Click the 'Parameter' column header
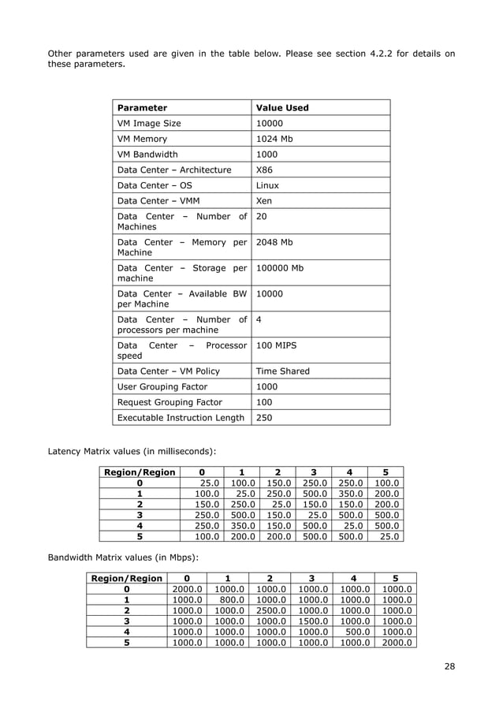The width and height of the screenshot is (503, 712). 142,108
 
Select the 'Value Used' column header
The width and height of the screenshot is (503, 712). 282,108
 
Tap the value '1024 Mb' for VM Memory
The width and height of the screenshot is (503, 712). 274,139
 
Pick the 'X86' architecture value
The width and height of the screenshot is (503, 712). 265,170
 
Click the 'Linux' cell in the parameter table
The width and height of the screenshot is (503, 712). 268,185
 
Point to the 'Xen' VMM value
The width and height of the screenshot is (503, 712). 264,201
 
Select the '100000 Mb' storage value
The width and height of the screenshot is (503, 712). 280,268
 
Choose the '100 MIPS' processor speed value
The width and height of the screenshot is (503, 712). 276,345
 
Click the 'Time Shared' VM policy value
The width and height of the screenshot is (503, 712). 283,371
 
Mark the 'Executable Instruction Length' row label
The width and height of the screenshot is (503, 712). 181,418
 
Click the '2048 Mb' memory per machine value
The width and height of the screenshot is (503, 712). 274,242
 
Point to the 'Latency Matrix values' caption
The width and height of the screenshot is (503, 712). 132,451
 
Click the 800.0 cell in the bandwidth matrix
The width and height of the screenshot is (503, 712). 228,599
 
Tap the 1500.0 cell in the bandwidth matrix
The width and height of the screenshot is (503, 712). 312,621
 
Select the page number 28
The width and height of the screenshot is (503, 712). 449,667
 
